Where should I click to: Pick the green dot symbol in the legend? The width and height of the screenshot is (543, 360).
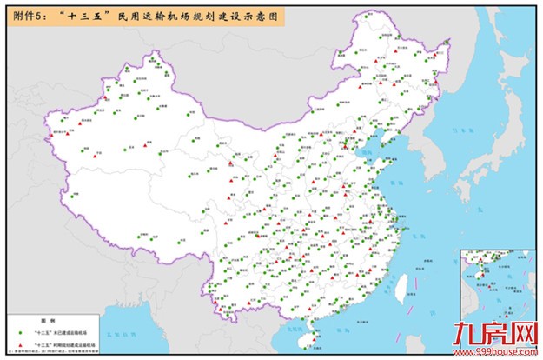pyautogui.click(x=20, y=332)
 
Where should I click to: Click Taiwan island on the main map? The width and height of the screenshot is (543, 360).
pyautogui.click(x=401, y=288)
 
